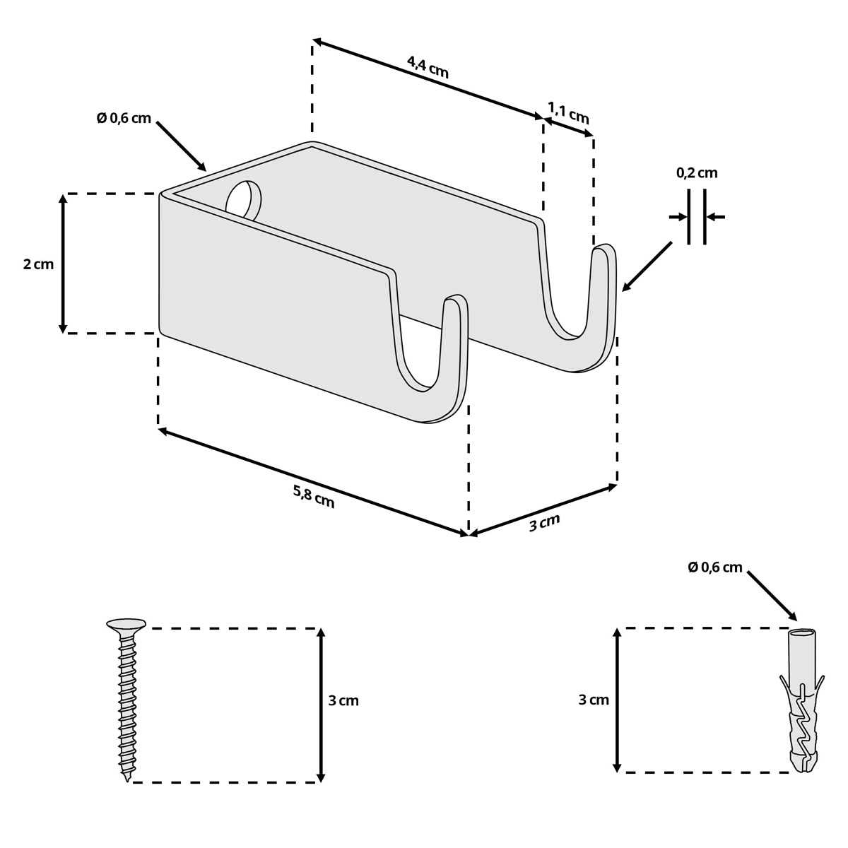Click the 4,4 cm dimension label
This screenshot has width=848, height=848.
point(428,67)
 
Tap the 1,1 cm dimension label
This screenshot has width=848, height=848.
point(568,112)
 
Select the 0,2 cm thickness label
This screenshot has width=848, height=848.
point(697,173)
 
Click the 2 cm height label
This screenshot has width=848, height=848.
point(39,264)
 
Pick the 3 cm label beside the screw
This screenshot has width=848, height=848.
point(343,700)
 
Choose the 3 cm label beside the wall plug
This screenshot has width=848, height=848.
point(593,700)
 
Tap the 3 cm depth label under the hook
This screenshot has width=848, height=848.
point(544,522)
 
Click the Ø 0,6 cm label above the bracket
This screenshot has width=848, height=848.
point(124,119)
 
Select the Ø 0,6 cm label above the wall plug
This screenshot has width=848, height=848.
point(715,567)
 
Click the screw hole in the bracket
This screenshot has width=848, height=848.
point(243,199)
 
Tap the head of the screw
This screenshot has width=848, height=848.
point(126,624)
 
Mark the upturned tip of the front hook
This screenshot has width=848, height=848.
point(455,300)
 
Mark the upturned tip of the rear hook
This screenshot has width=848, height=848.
point(603,249)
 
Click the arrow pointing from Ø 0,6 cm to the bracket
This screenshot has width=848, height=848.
point(182,146)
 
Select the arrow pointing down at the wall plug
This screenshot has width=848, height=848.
point(772,596)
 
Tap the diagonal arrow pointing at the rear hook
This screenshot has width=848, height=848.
point(647,266)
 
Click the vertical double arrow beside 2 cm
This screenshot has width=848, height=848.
point(63,264)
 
